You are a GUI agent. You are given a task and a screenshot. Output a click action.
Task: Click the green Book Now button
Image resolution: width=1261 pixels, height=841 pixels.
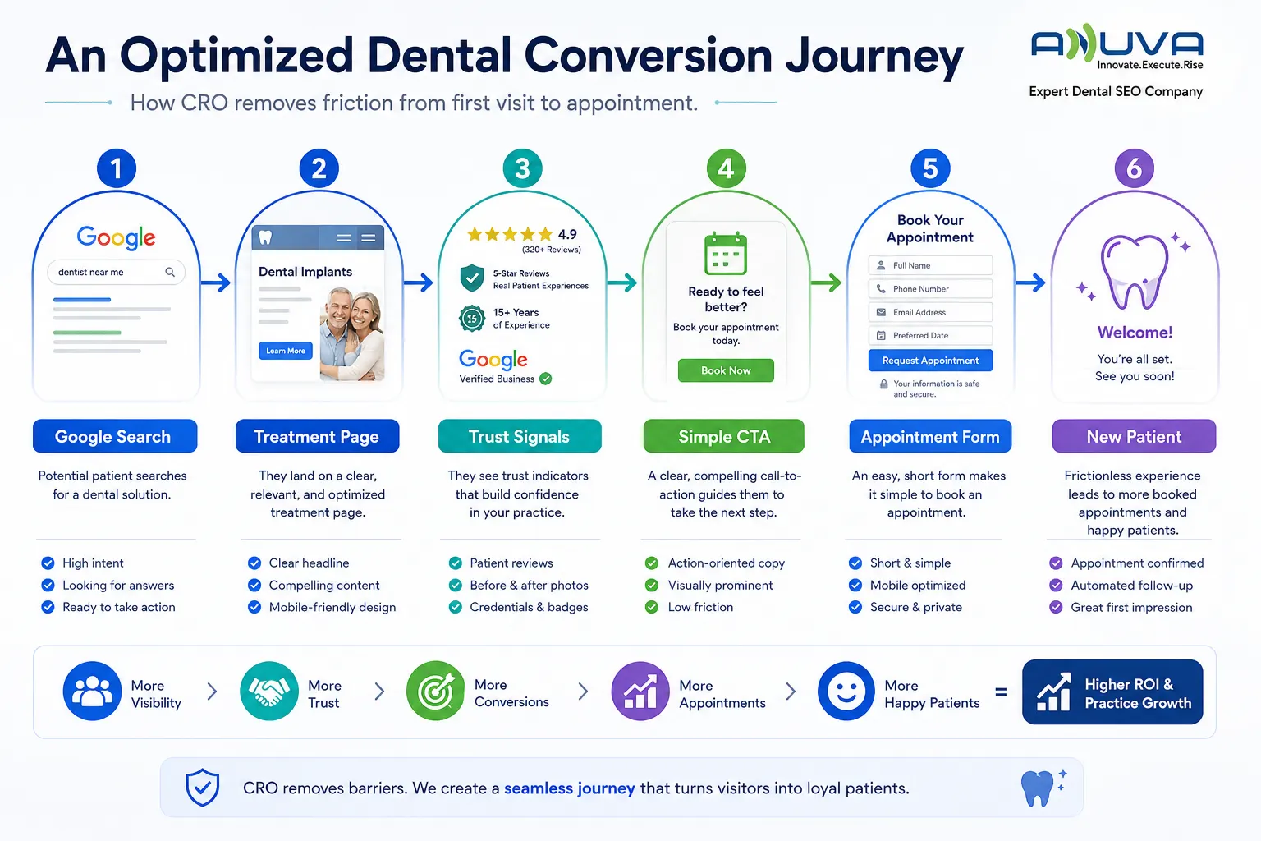click(726, 370)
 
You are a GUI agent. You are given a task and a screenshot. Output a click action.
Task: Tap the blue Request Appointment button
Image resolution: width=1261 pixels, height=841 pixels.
click(930, 360)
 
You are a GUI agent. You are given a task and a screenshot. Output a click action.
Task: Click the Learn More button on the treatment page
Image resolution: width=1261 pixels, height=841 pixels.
click(286, 351)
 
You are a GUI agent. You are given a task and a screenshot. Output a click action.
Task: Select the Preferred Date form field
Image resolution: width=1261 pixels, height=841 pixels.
click(930, 335)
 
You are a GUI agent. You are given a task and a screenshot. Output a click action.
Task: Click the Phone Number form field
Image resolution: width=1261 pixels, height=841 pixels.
click(930, 288)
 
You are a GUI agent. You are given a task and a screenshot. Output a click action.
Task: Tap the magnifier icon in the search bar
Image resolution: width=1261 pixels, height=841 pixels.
click(170, 272)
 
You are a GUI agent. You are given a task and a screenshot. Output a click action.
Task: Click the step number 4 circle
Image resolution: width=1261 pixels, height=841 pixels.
click(727, 168)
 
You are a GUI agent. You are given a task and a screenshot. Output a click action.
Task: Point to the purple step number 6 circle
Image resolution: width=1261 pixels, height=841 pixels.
click(1135, 168)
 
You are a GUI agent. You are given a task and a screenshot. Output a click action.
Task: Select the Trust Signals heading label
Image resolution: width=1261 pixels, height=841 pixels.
click(520, 436)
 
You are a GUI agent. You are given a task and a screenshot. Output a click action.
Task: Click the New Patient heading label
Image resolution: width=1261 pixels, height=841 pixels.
click(1134, 436)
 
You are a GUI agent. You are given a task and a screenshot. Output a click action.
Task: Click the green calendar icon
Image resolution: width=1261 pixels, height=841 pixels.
click(726, 253)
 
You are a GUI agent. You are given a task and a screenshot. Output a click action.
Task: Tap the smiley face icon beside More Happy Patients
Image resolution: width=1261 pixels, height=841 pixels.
click(846, 691)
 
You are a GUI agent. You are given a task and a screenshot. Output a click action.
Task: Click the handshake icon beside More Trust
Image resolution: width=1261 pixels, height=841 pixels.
click(269, 691)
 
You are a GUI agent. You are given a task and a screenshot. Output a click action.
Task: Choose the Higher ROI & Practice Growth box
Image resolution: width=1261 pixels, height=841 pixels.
click(1112, 692)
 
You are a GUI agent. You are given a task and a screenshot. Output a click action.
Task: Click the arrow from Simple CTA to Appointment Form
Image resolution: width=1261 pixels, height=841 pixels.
click(826, 283)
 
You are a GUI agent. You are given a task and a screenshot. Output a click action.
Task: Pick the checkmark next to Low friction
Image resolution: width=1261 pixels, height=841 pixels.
click(652, 607)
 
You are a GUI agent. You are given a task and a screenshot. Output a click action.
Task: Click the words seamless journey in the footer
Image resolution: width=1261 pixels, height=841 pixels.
click(569, 788)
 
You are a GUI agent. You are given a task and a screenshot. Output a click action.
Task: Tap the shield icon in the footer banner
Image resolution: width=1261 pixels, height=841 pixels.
click(203, 787)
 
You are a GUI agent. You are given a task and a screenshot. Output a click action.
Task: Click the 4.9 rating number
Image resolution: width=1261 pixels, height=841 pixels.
click(567, 234)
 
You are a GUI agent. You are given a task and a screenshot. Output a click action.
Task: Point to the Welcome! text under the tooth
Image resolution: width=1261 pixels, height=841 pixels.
click(1135, 333)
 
